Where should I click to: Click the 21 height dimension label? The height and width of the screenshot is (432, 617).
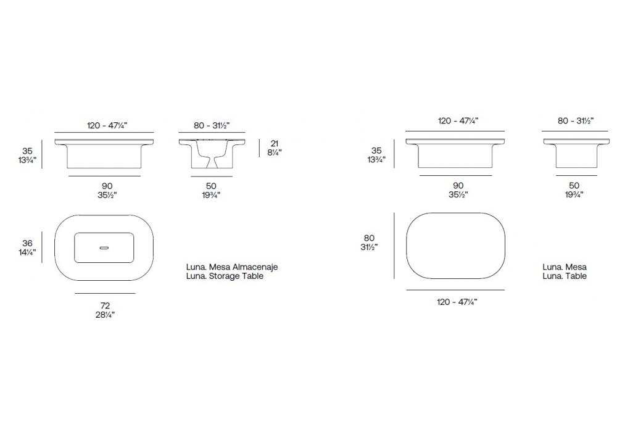(275, 144)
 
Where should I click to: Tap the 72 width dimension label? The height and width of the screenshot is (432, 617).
(105, 305)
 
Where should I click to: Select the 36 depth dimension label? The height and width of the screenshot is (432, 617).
(27, 243)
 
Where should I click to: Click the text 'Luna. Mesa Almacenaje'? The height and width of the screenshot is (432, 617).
(232, 267)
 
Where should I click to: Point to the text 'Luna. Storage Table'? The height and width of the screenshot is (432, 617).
(225, 276)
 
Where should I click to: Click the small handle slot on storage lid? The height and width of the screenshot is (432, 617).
(104, 248)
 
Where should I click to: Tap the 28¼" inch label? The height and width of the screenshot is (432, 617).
(105, 315)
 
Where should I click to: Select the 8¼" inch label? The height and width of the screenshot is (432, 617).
(275, 152)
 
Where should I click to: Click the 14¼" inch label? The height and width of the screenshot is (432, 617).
(27, 252)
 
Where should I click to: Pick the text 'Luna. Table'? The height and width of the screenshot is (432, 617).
(565, 276)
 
